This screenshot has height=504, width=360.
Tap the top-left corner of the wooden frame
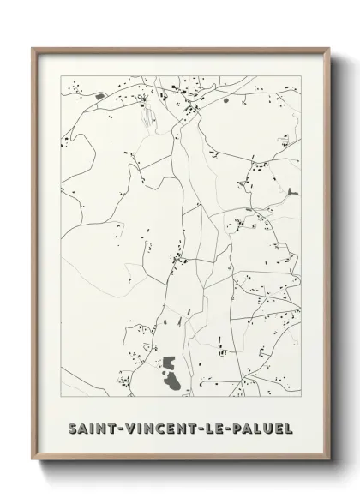pyautogui.click(x=33, y=48)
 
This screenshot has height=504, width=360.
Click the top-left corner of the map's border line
pyautogui.click(x=61, y=76)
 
